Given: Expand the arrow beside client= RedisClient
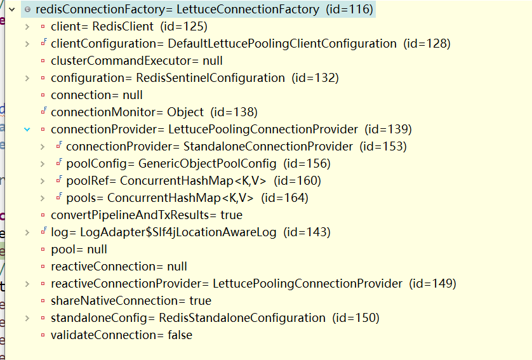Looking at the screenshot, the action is [27, 27].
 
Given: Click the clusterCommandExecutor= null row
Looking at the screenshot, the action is [136, 61].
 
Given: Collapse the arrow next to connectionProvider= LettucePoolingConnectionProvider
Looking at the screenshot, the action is [27, 130].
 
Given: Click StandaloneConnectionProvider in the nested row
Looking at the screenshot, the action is [268, 147].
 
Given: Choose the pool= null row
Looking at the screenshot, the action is [79, 250].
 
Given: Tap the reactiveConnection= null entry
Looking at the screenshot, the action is [119, 267].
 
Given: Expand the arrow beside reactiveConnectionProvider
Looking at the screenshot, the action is [27, 284].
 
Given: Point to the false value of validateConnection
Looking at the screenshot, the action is [180, 335].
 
